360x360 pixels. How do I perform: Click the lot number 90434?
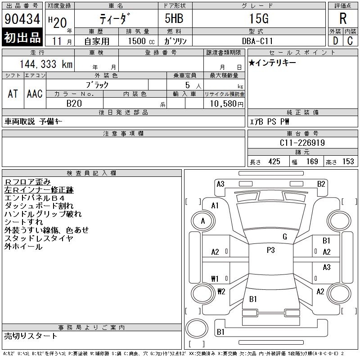tap(22, 19)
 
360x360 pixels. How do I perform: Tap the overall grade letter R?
tap(343, 18)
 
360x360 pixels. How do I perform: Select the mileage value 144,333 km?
tap(46, 64)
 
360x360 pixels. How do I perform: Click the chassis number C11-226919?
tap(302, 143)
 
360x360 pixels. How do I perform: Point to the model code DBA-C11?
tap(257, 41)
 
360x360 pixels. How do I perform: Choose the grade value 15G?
tap(259, 18)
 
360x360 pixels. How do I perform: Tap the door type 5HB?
tap(174, 18)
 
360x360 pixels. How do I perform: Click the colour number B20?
tap(74, 103)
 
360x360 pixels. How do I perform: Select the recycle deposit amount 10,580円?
tap(227, 104)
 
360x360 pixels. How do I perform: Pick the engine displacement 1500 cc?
tap(141, 41)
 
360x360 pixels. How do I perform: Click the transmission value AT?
tap(13, 94)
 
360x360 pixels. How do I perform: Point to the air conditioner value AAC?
tap(35, 94)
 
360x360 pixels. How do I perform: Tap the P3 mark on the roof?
tap(271, 250)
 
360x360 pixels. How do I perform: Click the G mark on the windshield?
tap(285, 237)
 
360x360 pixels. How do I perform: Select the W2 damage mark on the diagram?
tap(221, 292)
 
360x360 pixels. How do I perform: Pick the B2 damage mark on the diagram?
tap(321, 184)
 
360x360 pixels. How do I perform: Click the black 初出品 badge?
tap(22, 37)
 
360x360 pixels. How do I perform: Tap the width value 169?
tap(312, 162)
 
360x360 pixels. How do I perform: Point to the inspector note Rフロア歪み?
tap(27, 182)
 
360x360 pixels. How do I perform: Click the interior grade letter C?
tap(350, 41)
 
